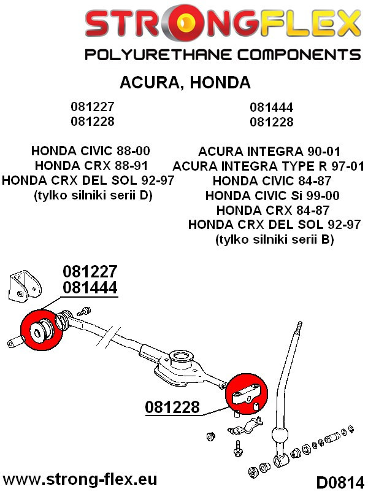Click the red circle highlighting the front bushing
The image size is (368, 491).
[x=41, y=330]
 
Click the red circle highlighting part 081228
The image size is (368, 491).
[x=247, y=395]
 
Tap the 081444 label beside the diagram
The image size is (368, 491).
[x=90, y=287]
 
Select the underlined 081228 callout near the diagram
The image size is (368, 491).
[x=172, y=407]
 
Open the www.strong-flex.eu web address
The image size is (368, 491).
[x=80, y=479]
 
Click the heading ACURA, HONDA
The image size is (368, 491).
[x=185, y=82]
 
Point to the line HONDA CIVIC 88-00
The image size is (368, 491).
[x=90, y=150]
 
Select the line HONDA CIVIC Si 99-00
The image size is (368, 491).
[x=272, y=195]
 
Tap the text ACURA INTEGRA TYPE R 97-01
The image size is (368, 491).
[x=268, y=166]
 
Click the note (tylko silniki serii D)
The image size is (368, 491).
[x=93, y=195]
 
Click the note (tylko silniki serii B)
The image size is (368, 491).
[x=274, y=239]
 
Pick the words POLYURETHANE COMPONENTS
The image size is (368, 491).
[x=223, y=55]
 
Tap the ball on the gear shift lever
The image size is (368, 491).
[x=280, y=435]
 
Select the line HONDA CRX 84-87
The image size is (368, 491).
[x=272, y=210]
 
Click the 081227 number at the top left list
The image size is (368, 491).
[x=93, y=106]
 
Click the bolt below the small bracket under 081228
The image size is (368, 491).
[x=237, y=448]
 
